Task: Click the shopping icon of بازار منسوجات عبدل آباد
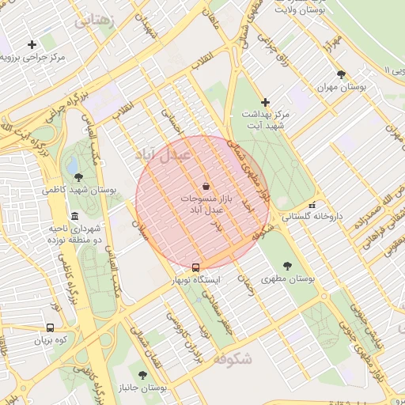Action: pyautogui.click(x=206, y=186)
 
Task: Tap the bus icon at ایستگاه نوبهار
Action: pyautogui.click(x=196, y=267)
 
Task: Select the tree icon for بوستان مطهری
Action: pyautogui.click(x=286, y=266)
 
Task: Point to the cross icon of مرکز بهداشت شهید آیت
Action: pyautogui.click(x=265, y=102)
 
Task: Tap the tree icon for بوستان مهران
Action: pyautogui.click(x=341, y=74)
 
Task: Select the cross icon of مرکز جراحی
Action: pyautogui.click(x=32, y=44)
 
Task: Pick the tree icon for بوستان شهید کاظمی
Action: pyautogui.click(x=78, y=176)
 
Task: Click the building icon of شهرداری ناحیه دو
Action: pyautogui.click(x=74, y=216)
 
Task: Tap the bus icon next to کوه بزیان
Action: pyautogui.click(x=51, y=327)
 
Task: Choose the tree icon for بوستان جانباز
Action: pyautogui.click(x=142, y=375)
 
